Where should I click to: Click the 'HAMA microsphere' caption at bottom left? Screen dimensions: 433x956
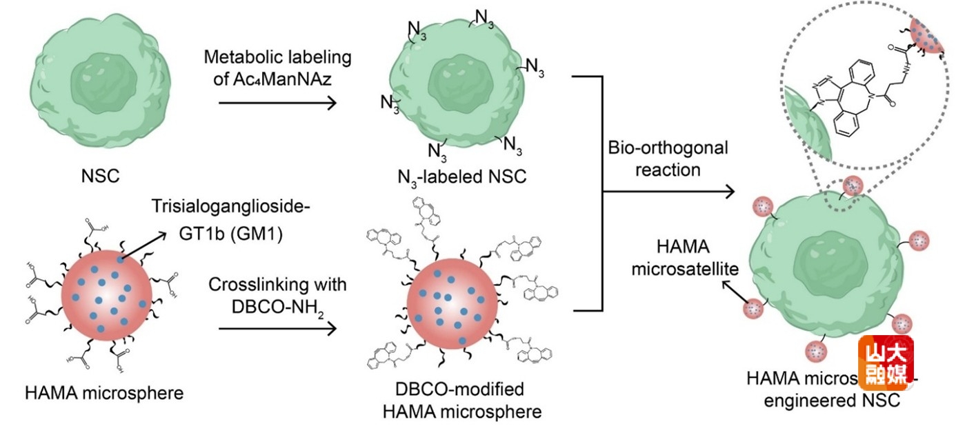point(103,394)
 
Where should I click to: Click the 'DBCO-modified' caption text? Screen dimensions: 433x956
point(463,390)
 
